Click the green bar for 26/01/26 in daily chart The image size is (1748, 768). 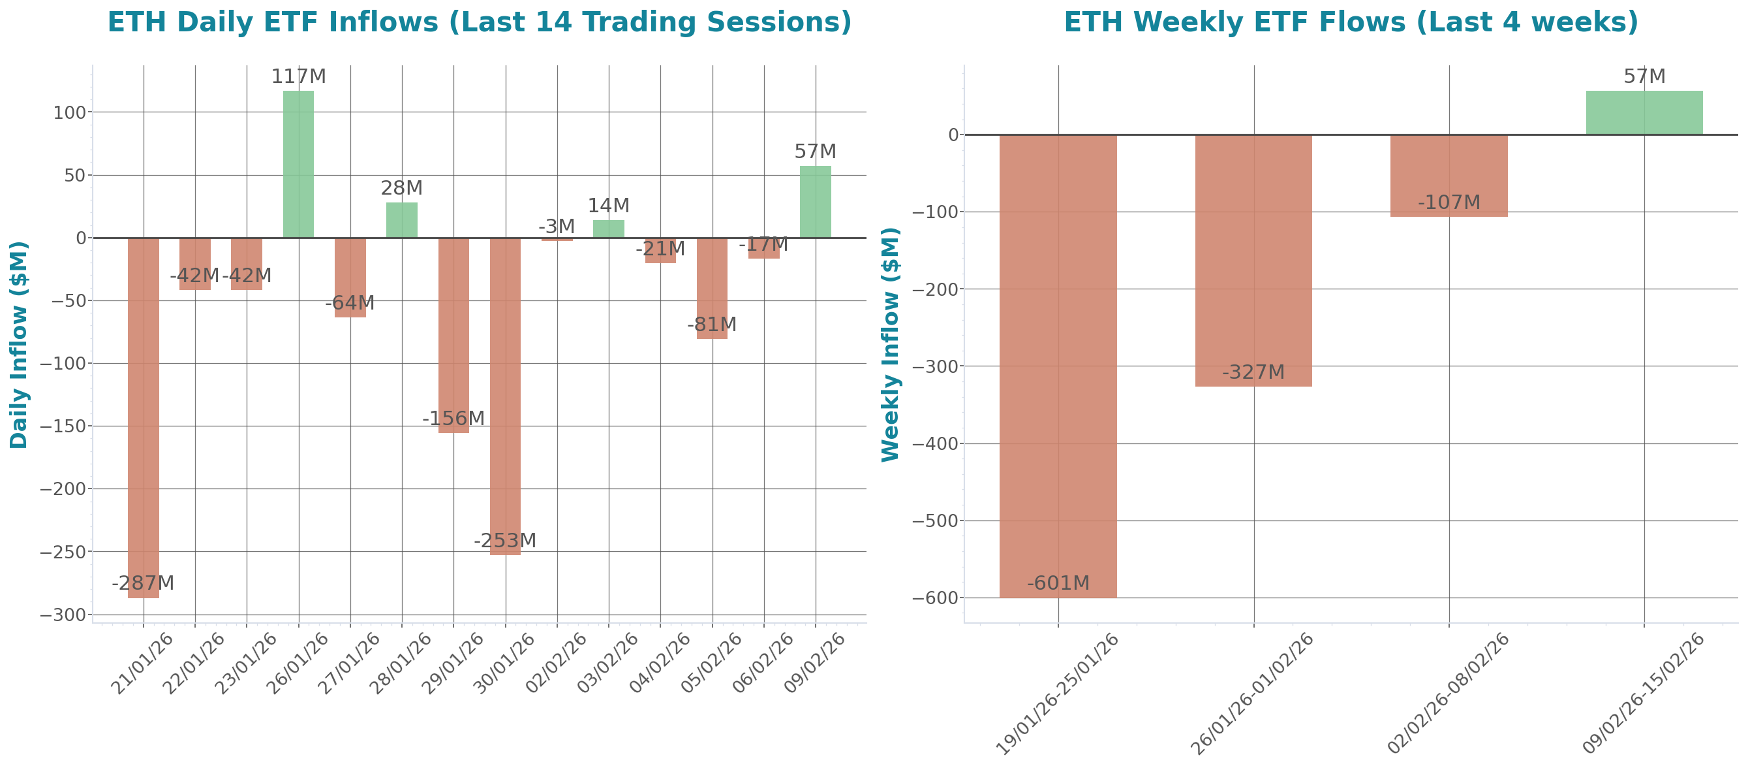coord(298,164)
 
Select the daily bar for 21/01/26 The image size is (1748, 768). coord(143,417)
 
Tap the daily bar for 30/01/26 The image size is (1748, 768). coord(505,396)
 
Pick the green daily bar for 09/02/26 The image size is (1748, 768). coord(815,202)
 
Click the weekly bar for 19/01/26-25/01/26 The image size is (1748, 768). coord(1058,366)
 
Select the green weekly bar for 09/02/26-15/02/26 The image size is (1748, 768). coord(1644,113)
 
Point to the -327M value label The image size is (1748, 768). coord(1253,372)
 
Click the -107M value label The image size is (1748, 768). coord(1449,202)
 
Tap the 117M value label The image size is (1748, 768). coord(298,76)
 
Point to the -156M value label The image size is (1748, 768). coord(453,419)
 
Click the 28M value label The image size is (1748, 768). coord(402,188)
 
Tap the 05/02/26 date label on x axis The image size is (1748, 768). coord(712,663)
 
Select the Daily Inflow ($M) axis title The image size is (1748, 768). coord(19,344)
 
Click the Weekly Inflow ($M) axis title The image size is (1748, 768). coord(890,344)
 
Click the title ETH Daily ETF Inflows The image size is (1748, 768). coord(479,22)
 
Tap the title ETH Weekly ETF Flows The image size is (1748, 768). coord(1351,22)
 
